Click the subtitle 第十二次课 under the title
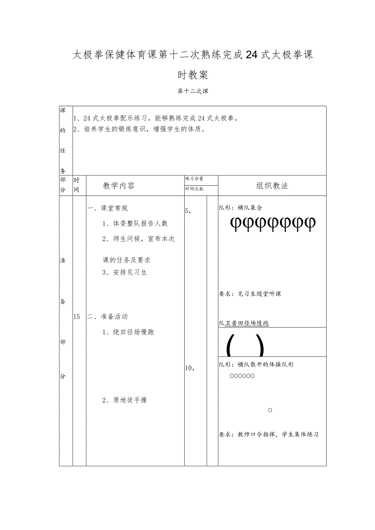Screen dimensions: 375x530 coord(193,92)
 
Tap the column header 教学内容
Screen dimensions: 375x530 coord(119,186)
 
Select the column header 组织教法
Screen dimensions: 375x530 coord(272,186)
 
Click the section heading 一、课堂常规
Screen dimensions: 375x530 coord(108,208)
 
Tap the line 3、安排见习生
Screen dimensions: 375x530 coord(124,273)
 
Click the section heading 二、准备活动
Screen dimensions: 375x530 coord(108,317)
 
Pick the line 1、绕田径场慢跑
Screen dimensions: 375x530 coord(128,332)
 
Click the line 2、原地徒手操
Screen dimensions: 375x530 coord(124,400)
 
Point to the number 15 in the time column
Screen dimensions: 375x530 coord(77,317)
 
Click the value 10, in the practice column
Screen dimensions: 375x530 coord(190,368)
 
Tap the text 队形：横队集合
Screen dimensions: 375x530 coord(240,208)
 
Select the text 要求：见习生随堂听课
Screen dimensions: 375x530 coord(250,294)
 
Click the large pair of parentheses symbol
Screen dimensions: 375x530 coord(245,347)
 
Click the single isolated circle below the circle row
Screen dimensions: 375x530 coord(270,410)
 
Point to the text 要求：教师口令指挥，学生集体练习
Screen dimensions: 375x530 coord(268,434)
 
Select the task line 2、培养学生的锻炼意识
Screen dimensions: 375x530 coord(139,130)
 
